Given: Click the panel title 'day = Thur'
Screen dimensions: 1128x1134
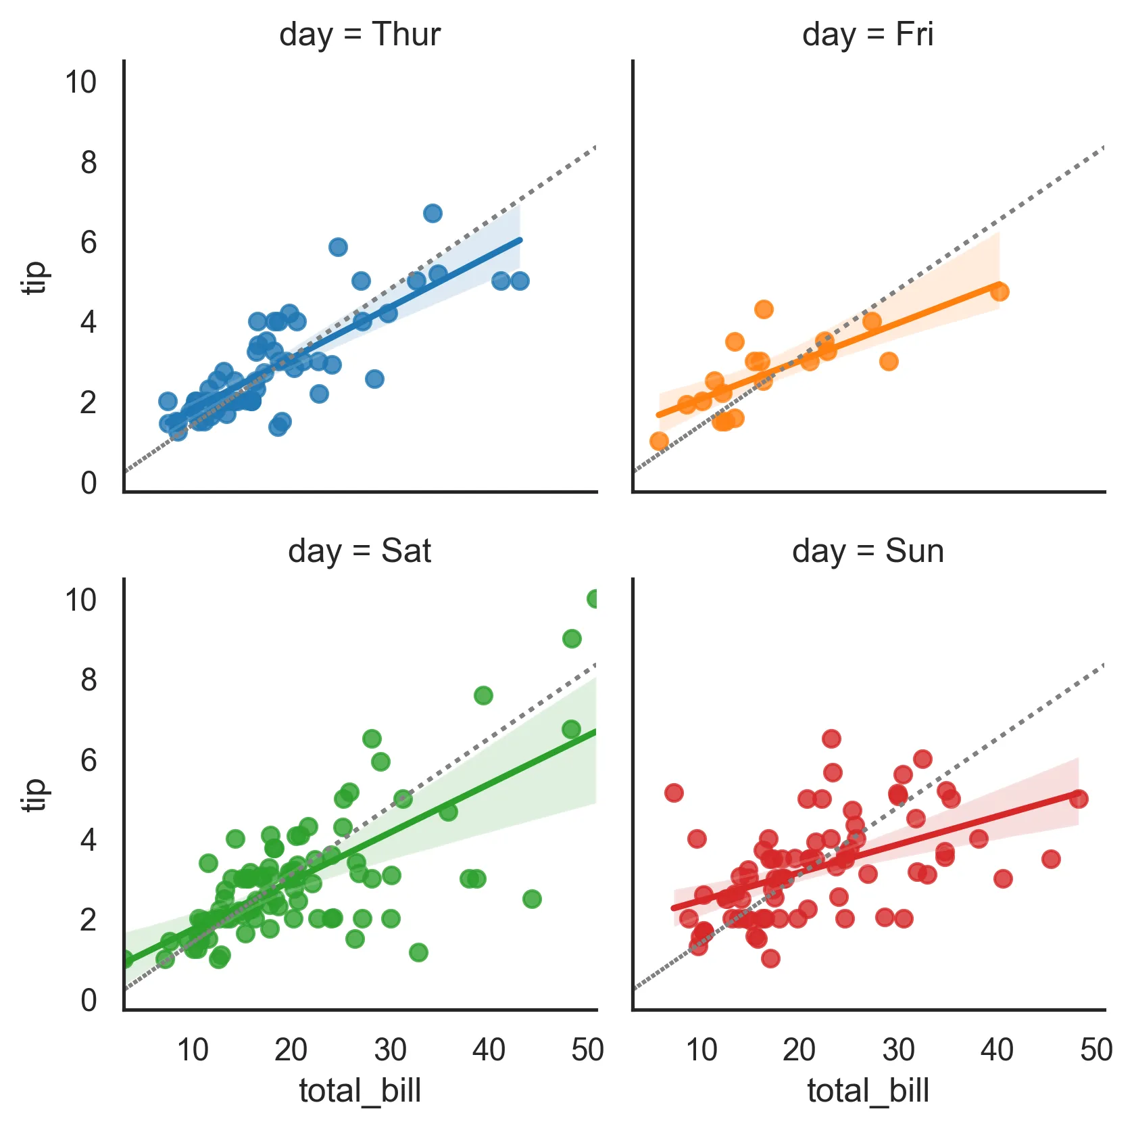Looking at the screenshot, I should pos(360,34).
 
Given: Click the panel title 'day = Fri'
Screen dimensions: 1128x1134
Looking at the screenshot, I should pos(868,34).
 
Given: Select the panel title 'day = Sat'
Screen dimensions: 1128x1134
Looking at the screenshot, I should pos(360,551).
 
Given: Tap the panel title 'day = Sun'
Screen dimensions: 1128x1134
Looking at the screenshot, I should pos(868,551).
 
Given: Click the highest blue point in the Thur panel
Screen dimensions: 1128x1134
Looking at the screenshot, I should pos(433,214).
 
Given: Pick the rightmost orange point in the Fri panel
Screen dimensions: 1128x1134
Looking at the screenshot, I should pos(1000,292).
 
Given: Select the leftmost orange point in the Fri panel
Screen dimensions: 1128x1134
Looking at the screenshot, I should pos(659,442).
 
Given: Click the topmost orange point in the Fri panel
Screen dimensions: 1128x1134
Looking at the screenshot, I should pos(764,310).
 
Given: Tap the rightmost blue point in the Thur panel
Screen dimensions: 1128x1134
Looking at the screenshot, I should pos(520,281).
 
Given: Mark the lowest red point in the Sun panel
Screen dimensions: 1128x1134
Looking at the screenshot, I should pos(770,958).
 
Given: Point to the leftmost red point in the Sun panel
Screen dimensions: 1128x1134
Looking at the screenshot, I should pos(674,793).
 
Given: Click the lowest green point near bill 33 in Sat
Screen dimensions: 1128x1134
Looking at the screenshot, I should pos(418,953).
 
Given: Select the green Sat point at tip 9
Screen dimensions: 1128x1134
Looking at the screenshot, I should pos(572,639).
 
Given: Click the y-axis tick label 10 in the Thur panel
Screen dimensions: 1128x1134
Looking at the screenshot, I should pos(80,83).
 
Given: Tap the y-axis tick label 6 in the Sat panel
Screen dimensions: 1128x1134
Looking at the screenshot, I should pos(89,760).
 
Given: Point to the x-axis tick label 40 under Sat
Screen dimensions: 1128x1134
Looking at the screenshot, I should pos(489,1050).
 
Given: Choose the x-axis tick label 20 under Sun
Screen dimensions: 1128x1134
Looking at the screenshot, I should pos(799,1050).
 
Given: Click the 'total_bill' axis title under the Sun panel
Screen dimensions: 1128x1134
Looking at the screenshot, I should pos(868,1091).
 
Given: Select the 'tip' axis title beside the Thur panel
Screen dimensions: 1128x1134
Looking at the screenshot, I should pos(34,277).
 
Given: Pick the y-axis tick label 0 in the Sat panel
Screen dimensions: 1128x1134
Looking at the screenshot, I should pos(89,1000).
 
